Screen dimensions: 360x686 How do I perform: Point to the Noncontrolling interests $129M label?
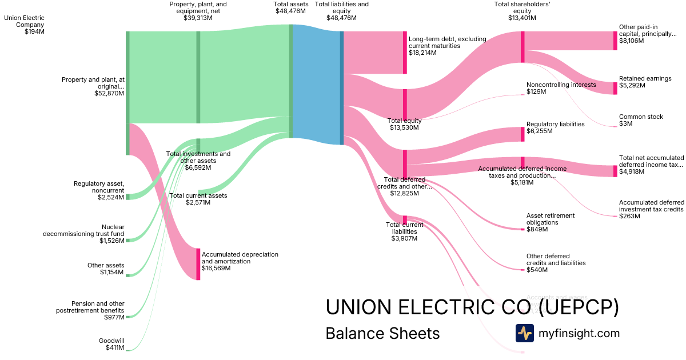pos(561,88)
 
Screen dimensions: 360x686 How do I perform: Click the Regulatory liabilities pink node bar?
pos(523,134)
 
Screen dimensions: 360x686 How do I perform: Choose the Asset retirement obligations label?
pos(550,222)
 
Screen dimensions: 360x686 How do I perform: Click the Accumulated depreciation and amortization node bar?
pos(198,264)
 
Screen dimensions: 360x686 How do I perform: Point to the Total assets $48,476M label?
pos(290,7)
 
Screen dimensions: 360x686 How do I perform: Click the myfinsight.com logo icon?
pos(524,333)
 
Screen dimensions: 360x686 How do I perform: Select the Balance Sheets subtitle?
pos(382,333)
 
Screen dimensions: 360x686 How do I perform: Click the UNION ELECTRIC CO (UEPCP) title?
pos(472,307)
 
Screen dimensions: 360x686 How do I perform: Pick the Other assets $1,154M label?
pos(106,269)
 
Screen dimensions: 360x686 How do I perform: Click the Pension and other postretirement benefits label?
pos(90,310)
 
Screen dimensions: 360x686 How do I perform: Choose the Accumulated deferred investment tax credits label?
pos(651,209)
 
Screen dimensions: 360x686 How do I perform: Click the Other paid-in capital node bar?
pos(615,41)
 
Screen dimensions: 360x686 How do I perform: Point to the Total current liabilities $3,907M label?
pos(405,231)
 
